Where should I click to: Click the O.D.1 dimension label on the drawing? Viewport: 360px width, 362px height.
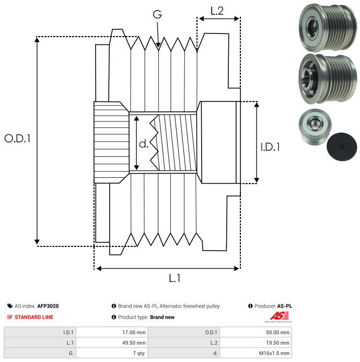(18, 139)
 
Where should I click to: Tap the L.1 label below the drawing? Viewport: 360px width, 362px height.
(175, 279)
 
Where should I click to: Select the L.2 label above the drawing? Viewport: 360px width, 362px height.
(217, 10)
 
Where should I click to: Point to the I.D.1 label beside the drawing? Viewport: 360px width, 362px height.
(270, 148)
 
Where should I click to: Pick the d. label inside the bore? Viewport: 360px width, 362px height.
(144, 144)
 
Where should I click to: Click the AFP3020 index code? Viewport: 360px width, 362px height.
(48, 306)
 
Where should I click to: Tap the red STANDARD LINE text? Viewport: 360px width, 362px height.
(34, 317)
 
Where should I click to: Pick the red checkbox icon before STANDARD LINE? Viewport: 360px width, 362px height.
(9, 317)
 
